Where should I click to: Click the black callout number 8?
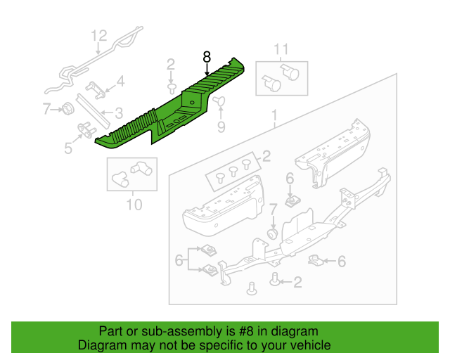(x=207, y=57)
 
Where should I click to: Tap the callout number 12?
(x=98, y=36)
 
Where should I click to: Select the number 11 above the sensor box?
(x=281, y=49)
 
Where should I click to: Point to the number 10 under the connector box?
(x=134, y=205)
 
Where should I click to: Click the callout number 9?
(x=221, y=127)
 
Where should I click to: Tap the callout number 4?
(x=120, y=82)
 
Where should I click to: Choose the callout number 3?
(x=119, y=112)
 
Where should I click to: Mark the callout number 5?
(x=68, y=148)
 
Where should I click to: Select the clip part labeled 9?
(x=218, y=102)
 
